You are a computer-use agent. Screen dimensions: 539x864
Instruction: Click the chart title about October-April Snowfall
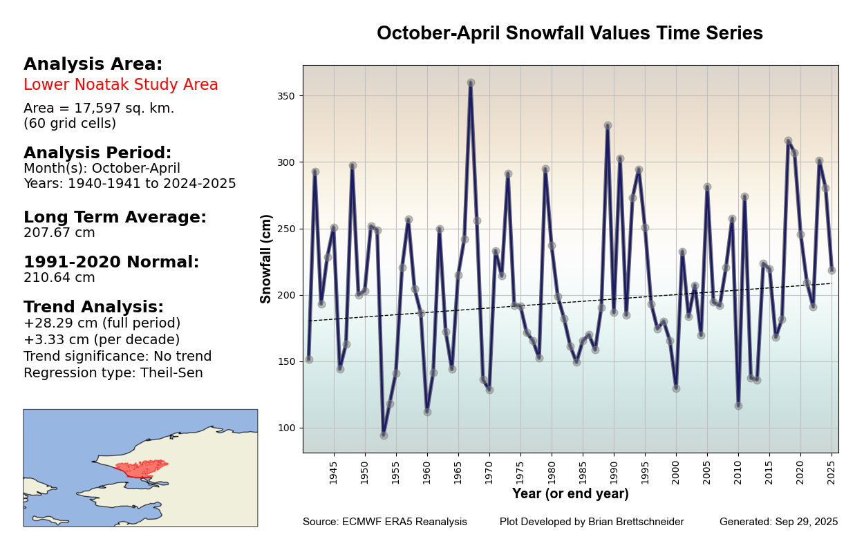[570, 33]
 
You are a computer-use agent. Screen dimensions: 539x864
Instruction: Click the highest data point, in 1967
[471, 83]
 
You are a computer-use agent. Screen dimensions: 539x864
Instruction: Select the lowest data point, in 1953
[384, 435]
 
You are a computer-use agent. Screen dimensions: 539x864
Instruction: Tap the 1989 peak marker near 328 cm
[608, 126]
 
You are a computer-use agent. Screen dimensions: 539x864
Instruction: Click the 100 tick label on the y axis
[286, 428]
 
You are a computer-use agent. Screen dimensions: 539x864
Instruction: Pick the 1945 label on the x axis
[334, 473]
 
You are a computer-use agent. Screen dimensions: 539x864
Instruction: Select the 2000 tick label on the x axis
[676, 473]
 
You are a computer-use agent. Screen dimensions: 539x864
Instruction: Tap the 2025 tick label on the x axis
[832, 473]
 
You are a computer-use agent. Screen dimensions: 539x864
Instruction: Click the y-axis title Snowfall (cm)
[266, 258]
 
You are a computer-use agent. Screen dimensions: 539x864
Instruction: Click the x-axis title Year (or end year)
[570, 494]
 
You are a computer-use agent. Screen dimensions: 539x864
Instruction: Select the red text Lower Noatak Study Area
[121, 85]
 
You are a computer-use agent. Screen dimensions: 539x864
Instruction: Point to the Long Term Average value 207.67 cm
[59, 233]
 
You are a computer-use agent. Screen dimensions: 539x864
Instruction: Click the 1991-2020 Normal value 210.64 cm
[59, 278]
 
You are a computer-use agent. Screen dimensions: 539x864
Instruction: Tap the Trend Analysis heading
[93, 307]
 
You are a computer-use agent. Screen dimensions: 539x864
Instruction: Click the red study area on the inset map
[142, 469]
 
